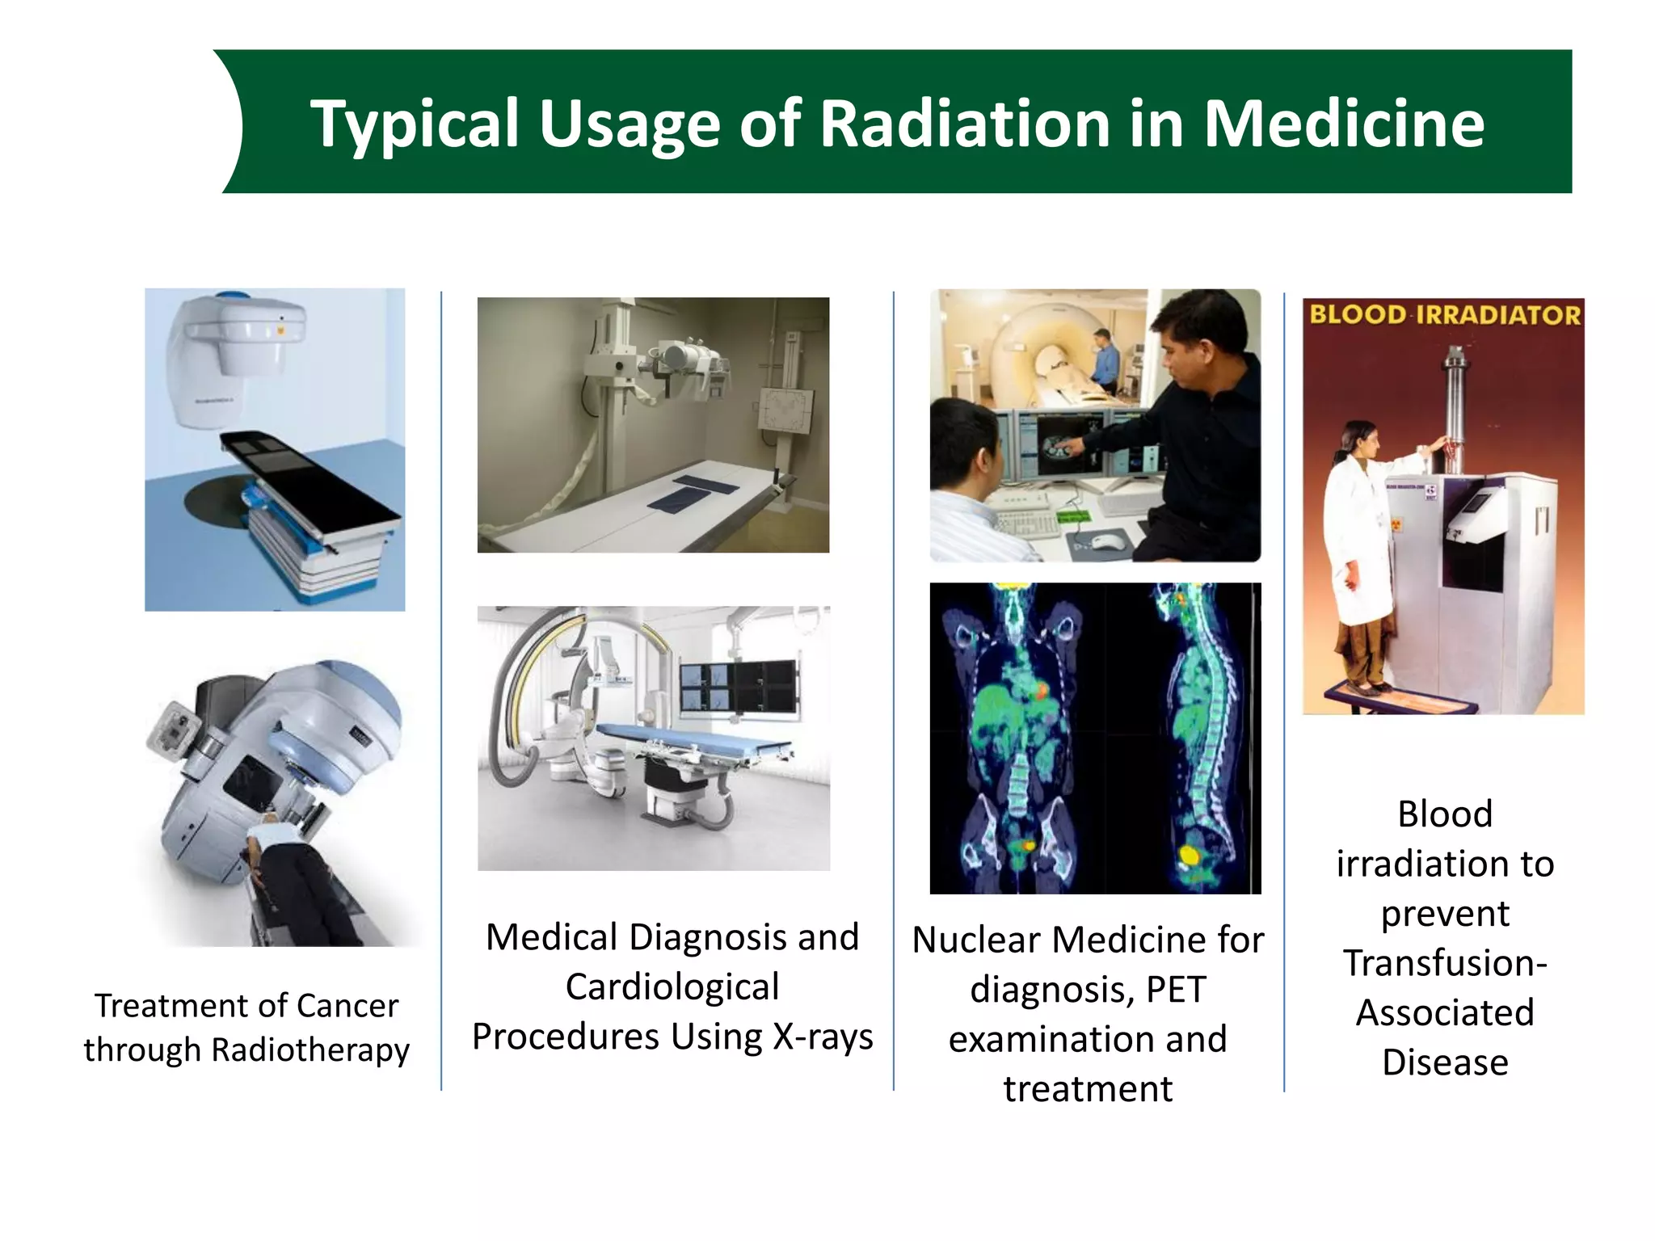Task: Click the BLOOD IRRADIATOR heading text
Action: (x=1444, y=314)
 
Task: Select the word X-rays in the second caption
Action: (x=822, y=1037)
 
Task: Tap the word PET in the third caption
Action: (x=1176, y=990)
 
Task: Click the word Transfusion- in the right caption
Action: (x=1445, y=963)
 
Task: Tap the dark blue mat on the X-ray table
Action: (x=695, y=491)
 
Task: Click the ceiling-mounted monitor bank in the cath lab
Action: (x=738, y=687)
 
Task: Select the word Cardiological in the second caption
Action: (x=672, y=987)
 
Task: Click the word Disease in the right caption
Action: (x=1445, y=1062)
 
